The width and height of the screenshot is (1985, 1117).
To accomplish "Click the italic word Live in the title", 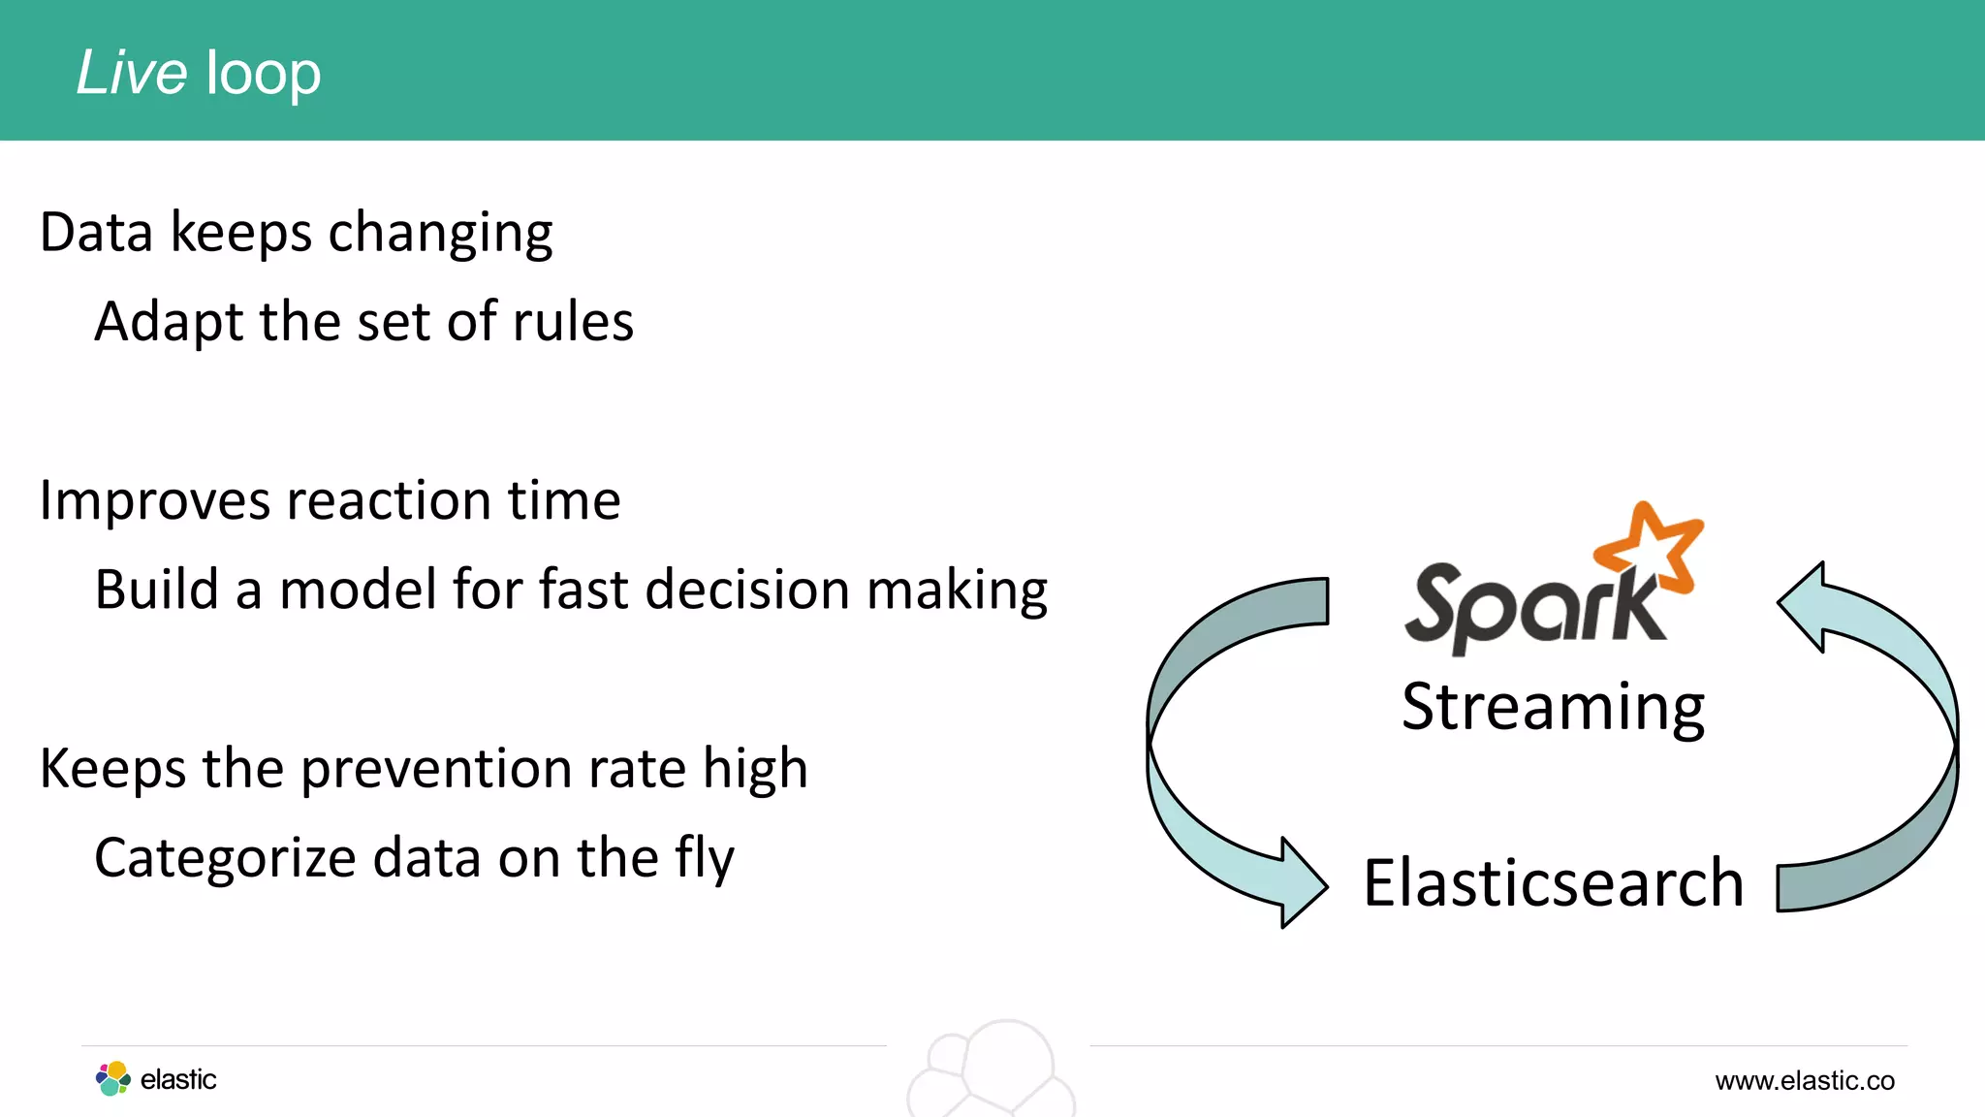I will coord(131,73).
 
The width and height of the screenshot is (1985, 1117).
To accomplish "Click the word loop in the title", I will coord(263,76).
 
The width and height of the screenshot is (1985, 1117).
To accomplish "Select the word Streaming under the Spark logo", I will coord(1553,707).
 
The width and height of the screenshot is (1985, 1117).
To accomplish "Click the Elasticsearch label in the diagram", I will coord(1553,883).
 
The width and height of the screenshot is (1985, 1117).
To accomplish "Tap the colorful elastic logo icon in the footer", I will coord(113,1078).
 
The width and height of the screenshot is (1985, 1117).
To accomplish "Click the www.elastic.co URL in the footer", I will coord(1804,1080).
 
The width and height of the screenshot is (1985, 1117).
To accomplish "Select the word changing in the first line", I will coord(440,234).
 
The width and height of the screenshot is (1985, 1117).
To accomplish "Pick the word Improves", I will coord(156,501).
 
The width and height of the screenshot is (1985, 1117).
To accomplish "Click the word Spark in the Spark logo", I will coord(1531,606).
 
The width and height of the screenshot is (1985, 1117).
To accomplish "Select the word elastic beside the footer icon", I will coord(178,1079).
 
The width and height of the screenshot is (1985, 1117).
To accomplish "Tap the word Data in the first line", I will coord(96,234).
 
